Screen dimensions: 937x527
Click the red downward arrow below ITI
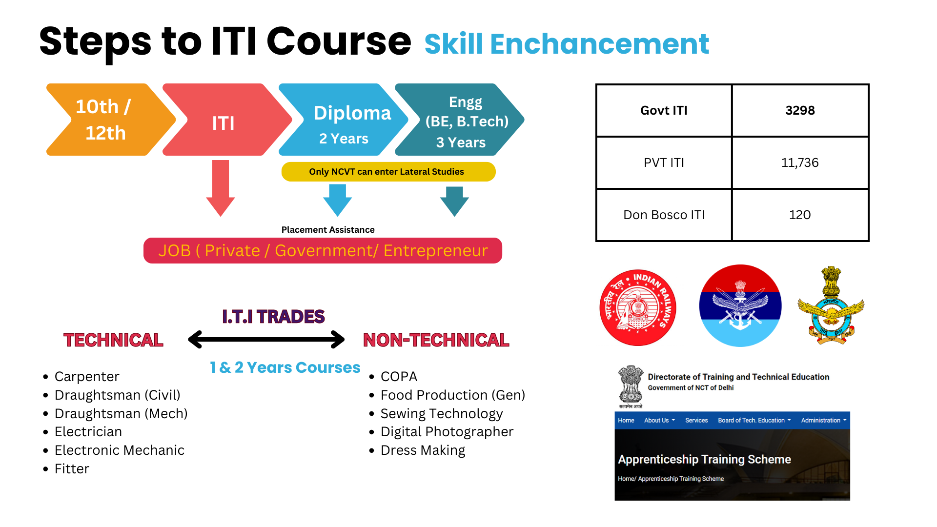[221, 188]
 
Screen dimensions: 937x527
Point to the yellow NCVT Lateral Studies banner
[388, 172]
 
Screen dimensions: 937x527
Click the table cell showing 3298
[800, 111]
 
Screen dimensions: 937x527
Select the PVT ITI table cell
[664, 163]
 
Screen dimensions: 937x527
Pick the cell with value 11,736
[800, 163]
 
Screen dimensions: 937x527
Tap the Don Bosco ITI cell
[664, 215]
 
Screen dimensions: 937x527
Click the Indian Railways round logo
[638, 307]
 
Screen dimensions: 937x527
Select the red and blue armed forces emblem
[740, 306]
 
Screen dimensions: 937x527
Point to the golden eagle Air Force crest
[831, 305]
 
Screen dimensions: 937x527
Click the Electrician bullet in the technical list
[88, 432]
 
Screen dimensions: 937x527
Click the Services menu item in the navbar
[696, 420]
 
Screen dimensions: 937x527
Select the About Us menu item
[659, 420]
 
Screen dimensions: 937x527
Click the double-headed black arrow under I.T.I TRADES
[266, 340]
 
